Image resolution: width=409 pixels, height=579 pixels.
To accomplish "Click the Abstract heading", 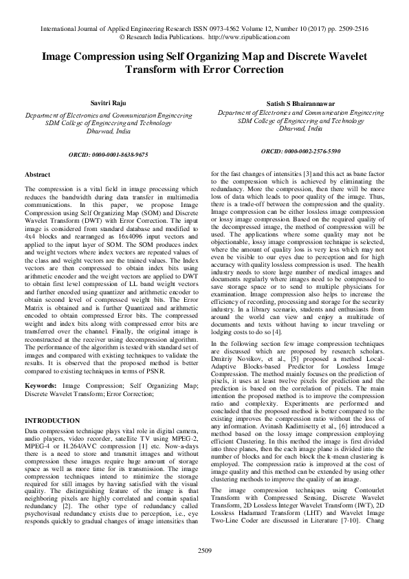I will (37, 175).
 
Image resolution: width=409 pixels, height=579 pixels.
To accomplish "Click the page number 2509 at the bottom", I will (204, 551).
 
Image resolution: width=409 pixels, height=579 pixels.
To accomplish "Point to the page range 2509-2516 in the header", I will (349, 30).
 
